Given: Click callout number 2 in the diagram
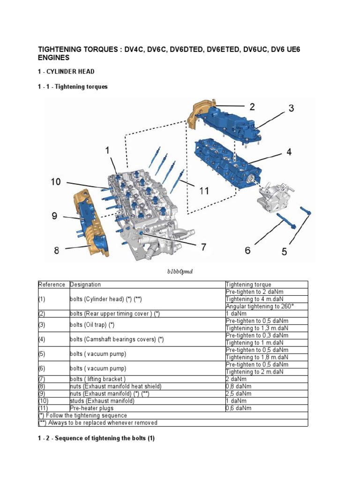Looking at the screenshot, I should [252, 106].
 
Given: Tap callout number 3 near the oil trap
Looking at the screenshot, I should [291, 109].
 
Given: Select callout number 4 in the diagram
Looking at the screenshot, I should [289, 152].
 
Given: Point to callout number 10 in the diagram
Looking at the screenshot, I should [56, 181].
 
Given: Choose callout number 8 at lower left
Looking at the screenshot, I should [57, 250].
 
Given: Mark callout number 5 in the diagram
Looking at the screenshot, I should [284, 252].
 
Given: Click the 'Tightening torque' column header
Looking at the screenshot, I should [248, 285].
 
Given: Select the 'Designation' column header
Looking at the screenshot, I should [85, 285].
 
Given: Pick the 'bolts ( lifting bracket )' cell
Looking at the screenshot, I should [98, 379].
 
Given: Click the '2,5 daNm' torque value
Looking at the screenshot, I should [239, 393].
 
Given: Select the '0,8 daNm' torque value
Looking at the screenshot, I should [239, 386].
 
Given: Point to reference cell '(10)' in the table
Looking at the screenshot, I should [45, 401].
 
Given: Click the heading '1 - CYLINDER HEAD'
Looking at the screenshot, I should [66, 72].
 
